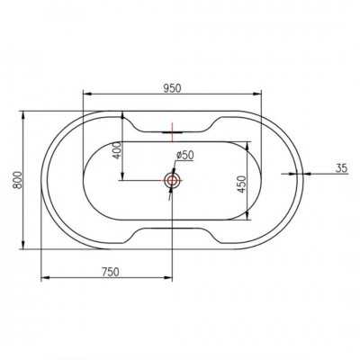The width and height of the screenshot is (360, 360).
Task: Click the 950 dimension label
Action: tap(173, 88)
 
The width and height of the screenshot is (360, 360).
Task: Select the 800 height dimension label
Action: tap(17, 180)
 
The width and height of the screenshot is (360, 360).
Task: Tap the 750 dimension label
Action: tap(111, 272)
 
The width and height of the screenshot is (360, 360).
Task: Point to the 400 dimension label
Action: tap(118, 151)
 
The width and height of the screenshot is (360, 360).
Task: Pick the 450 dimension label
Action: tap(242, 184)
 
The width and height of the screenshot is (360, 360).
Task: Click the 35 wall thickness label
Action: tap(341, 168)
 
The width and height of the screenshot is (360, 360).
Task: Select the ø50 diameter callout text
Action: tap(185, 155)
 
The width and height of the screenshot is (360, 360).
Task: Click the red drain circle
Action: tap(172, 180)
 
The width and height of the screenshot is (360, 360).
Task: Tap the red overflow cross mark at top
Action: tap(172, 132)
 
